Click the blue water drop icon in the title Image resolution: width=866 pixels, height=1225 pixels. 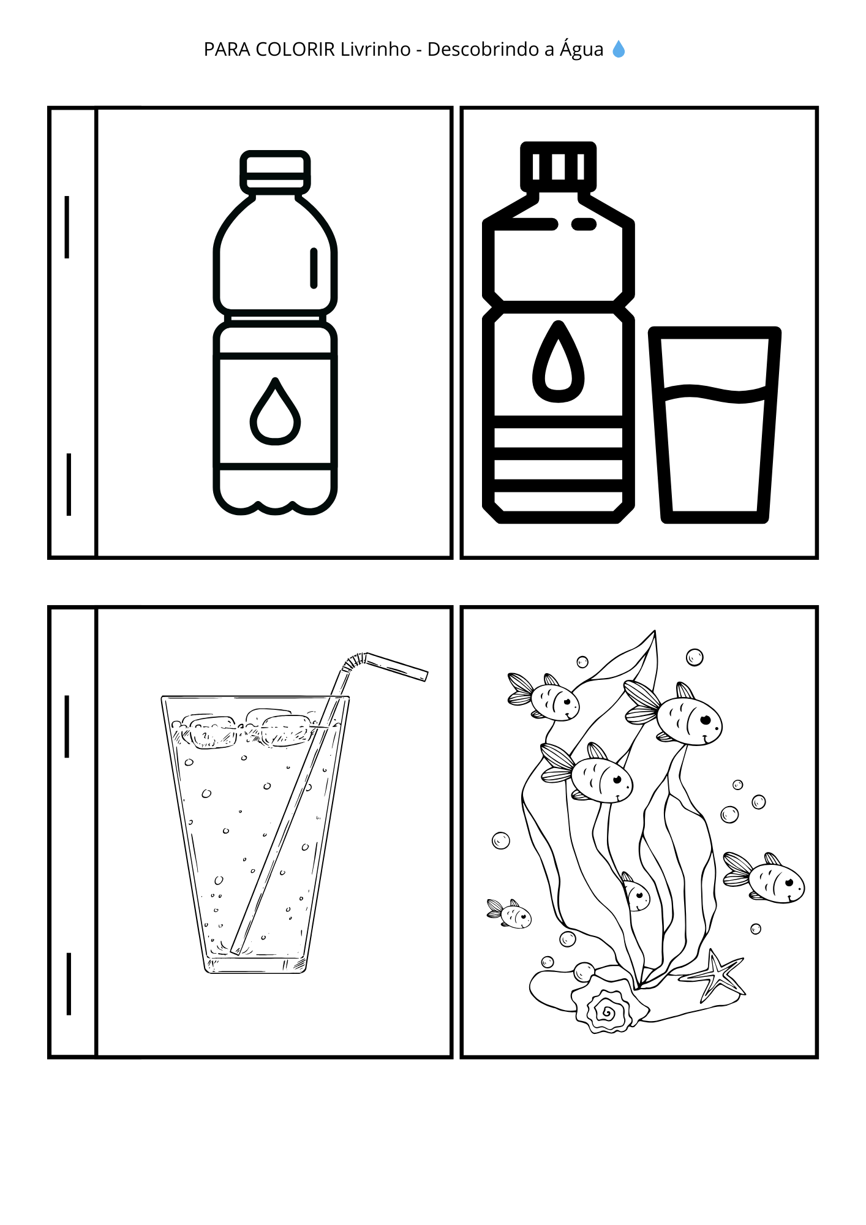pos(619,49)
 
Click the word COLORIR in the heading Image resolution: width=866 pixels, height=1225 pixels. pos(295,49)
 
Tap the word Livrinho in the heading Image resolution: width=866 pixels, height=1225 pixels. pos(375,49)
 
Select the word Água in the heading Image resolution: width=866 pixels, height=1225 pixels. pos(581,48)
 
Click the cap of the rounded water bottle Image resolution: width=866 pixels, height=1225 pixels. pos(275,171)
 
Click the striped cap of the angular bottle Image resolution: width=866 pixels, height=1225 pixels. pos(558,165)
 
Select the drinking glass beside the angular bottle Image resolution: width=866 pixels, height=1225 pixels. pos(715,424)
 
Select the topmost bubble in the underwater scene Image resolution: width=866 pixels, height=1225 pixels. pos(695,657)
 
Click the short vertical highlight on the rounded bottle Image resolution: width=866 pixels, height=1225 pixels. pos(314,268)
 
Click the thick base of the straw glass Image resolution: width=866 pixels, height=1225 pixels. pos(255,965)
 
